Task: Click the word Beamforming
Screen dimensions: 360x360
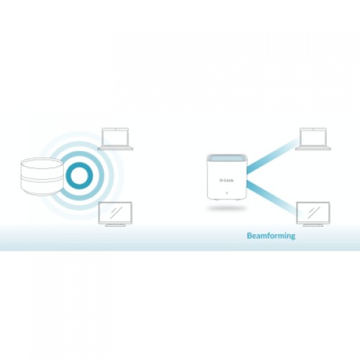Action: click(271, 236)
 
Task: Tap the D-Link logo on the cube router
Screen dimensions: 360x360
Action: click(227, 180)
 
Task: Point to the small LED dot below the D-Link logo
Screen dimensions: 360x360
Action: click(227, 193)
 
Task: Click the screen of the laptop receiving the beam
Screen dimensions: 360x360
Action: click(313, 137)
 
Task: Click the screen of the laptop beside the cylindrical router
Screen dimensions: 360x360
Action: click(115, 137)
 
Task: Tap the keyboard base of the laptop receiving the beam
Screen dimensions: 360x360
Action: click(313, 148)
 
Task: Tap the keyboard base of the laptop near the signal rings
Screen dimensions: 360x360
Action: click(115, 148)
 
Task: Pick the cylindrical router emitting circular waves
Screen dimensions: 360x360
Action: click(42, 176)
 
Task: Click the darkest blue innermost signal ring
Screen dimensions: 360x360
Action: click(79, 176)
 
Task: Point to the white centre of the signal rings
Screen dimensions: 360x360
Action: click(79, 176)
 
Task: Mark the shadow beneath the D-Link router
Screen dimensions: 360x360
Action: click(227, 208)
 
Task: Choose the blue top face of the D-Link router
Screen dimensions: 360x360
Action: click(227, 158)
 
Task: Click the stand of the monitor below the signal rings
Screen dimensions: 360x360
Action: click(115, 225)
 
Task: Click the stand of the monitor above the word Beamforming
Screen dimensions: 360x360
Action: click(313, 225)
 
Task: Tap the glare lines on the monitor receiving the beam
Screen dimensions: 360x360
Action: click(314, 212)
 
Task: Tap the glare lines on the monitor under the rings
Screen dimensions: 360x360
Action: click(116, 212)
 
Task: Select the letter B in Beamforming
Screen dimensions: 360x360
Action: click(250, 235)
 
